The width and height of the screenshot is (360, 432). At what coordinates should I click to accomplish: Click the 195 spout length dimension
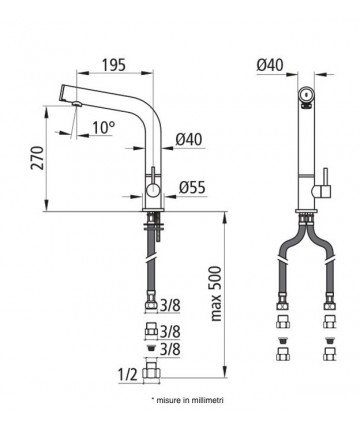(114, 65)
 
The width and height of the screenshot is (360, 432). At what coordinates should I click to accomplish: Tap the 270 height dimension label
(37, 158)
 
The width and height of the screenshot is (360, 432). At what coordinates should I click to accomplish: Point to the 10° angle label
(104, 127)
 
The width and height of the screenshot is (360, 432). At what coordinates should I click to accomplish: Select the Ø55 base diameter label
(192, 188)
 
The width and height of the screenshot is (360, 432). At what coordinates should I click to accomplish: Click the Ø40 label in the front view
(270, 64)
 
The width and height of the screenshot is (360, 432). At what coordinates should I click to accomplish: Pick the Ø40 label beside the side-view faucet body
(189, 139)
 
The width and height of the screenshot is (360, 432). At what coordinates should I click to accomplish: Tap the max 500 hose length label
(216, 294)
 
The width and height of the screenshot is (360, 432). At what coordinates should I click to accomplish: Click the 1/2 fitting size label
(128, 375)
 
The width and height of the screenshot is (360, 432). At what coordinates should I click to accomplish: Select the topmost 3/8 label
(170, 306)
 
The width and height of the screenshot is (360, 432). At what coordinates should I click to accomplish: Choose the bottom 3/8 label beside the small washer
(170, 349)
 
